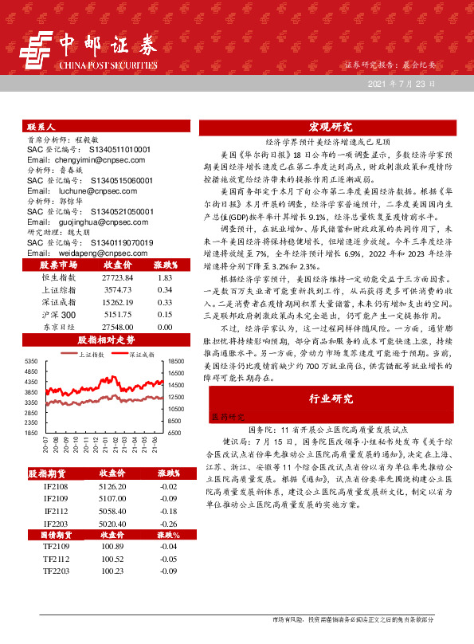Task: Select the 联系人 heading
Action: (41, 127)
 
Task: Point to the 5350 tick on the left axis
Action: (32, 361)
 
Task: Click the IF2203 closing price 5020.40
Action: (117, 523)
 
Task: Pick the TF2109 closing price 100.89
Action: (117, 547)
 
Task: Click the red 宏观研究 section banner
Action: (331, 127)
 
